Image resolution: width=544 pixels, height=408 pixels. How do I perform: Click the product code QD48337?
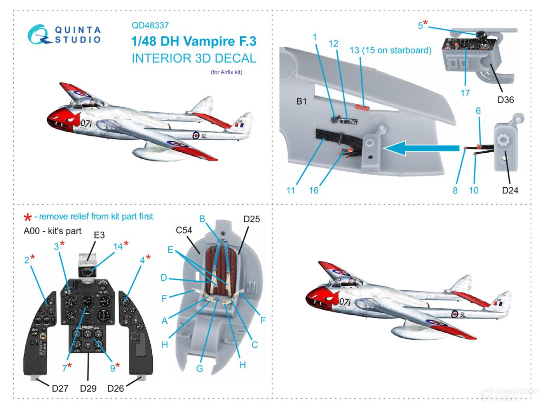(150, 26)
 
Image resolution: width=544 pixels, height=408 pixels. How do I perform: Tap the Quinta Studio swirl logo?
(38, 34)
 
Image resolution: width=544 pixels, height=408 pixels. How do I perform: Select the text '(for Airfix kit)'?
(226, 72)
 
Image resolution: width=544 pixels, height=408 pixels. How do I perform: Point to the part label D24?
(510, 190)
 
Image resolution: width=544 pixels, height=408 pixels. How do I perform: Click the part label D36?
(506, 100)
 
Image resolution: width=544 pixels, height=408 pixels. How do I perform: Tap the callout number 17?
(465, 93)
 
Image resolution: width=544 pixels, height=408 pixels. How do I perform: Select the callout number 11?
(291, 190)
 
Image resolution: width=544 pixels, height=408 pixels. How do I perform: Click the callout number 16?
(314, 190)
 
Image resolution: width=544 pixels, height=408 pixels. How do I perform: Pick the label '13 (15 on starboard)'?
(390, 51)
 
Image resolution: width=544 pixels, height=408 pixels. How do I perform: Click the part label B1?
(302, 101)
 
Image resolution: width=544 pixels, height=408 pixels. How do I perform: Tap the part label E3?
(99, 235)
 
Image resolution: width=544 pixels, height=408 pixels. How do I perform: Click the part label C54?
(184, 230)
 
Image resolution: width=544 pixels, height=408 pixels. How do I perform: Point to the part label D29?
(88, 388)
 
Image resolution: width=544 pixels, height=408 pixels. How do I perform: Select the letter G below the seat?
(199, 368)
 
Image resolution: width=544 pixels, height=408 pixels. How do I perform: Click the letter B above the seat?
(202, 219)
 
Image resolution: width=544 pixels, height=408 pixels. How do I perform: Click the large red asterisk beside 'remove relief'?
(28, 218)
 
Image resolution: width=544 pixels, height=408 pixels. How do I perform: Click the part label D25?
(251, 219)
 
